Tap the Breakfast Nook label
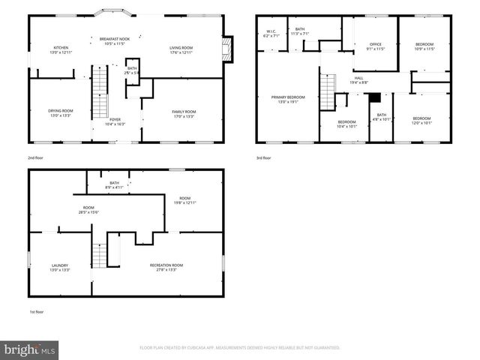coord(115,37)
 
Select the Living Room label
coord(181,47)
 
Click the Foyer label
coord(115,119)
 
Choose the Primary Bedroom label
coord(288,97)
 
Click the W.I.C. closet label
coord(271,31)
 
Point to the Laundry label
coord(60,265)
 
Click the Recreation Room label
coord(166,265)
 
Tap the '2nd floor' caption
coord(34,158)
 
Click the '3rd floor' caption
coord(262,158)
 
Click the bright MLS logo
coord(30,349)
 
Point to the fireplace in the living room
coord(228,50)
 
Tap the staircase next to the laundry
coord(99,256)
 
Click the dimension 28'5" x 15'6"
coord(88,212)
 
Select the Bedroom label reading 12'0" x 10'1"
coord(421,120)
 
